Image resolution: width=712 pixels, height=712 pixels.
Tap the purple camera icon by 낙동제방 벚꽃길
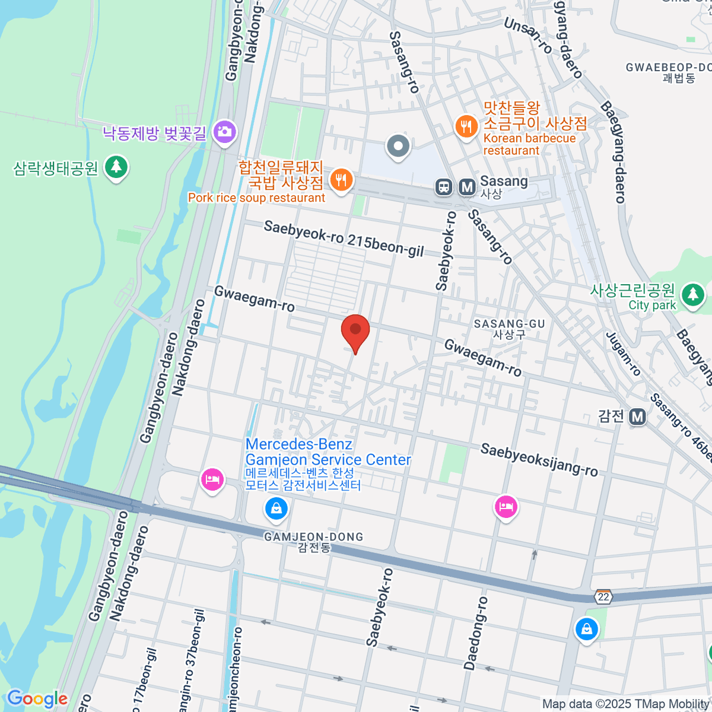click(x=224, y=132)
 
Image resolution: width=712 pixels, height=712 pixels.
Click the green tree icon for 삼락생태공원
click(x=116, y=167)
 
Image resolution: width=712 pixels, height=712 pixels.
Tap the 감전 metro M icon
click(x=637, y=417)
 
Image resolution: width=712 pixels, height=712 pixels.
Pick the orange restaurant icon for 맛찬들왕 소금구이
click(x=467, y=126)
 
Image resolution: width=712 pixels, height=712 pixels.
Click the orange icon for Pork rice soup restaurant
click(x=341, y=179)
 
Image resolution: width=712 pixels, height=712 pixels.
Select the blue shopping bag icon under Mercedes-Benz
click(x=276, y=508)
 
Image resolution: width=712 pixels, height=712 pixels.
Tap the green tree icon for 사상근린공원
click(x=692, y=294)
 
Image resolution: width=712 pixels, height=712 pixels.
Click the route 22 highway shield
click(x=603, y=597)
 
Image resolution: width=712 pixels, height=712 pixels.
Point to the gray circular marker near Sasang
click(x=398, y=145)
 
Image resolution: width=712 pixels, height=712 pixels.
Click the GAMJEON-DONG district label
click(x=313, y=537)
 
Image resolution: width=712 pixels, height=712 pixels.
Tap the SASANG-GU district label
click(x=509, y=324)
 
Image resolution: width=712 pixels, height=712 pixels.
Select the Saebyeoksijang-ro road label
click(x=539, y=460)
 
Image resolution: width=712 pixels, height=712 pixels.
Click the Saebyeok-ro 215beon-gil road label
click(x=344, y=239)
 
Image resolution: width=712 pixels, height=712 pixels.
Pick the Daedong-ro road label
click(x=476, y=633)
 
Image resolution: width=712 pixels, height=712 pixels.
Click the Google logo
click(x=37, y=699)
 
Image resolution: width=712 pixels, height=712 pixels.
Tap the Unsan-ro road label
click(x=527, y=35)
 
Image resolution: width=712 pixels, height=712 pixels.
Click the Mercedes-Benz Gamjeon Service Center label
click(x=328, y=452)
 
